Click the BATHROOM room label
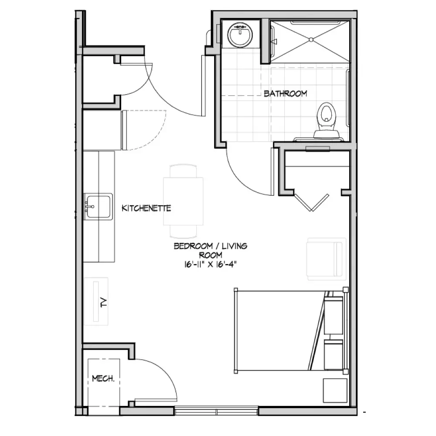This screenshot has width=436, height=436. click(285, 93)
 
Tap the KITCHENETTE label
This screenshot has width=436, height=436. click(146, 208)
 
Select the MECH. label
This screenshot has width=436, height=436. click(103, 378)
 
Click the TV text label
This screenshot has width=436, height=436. click(104, 302)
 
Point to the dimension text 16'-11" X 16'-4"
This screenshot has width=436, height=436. click(210, 264)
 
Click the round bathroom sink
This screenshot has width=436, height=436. click(240, 35)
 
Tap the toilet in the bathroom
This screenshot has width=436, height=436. click(327, 120)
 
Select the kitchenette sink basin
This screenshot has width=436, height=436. click(99, 207)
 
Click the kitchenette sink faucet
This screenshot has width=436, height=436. click(89, 207)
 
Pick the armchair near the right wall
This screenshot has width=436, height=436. click(326, 259)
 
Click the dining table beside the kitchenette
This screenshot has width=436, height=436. click(183, 201)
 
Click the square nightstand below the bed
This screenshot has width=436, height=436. click(335, 390)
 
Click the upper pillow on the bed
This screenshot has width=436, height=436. click(334, 315)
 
